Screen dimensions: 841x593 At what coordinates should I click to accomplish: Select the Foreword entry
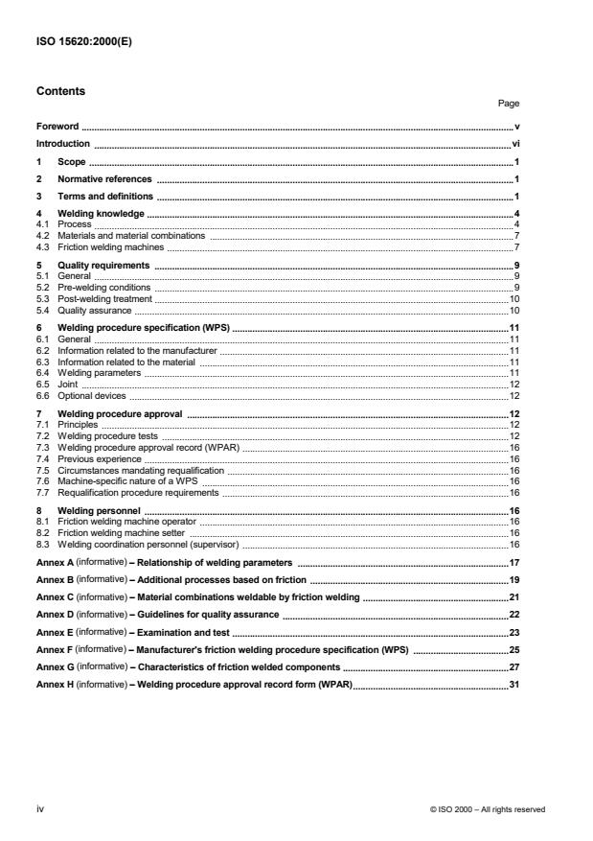tap(57, 126)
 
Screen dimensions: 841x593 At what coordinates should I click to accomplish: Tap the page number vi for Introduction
tap(515, 143)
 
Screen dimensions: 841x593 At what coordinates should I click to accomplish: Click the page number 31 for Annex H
tap(513, 683)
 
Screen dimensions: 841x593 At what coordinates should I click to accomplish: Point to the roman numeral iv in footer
tap(39, 808)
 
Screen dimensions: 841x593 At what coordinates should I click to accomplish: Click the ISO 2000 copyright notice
tap(488, 809)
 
